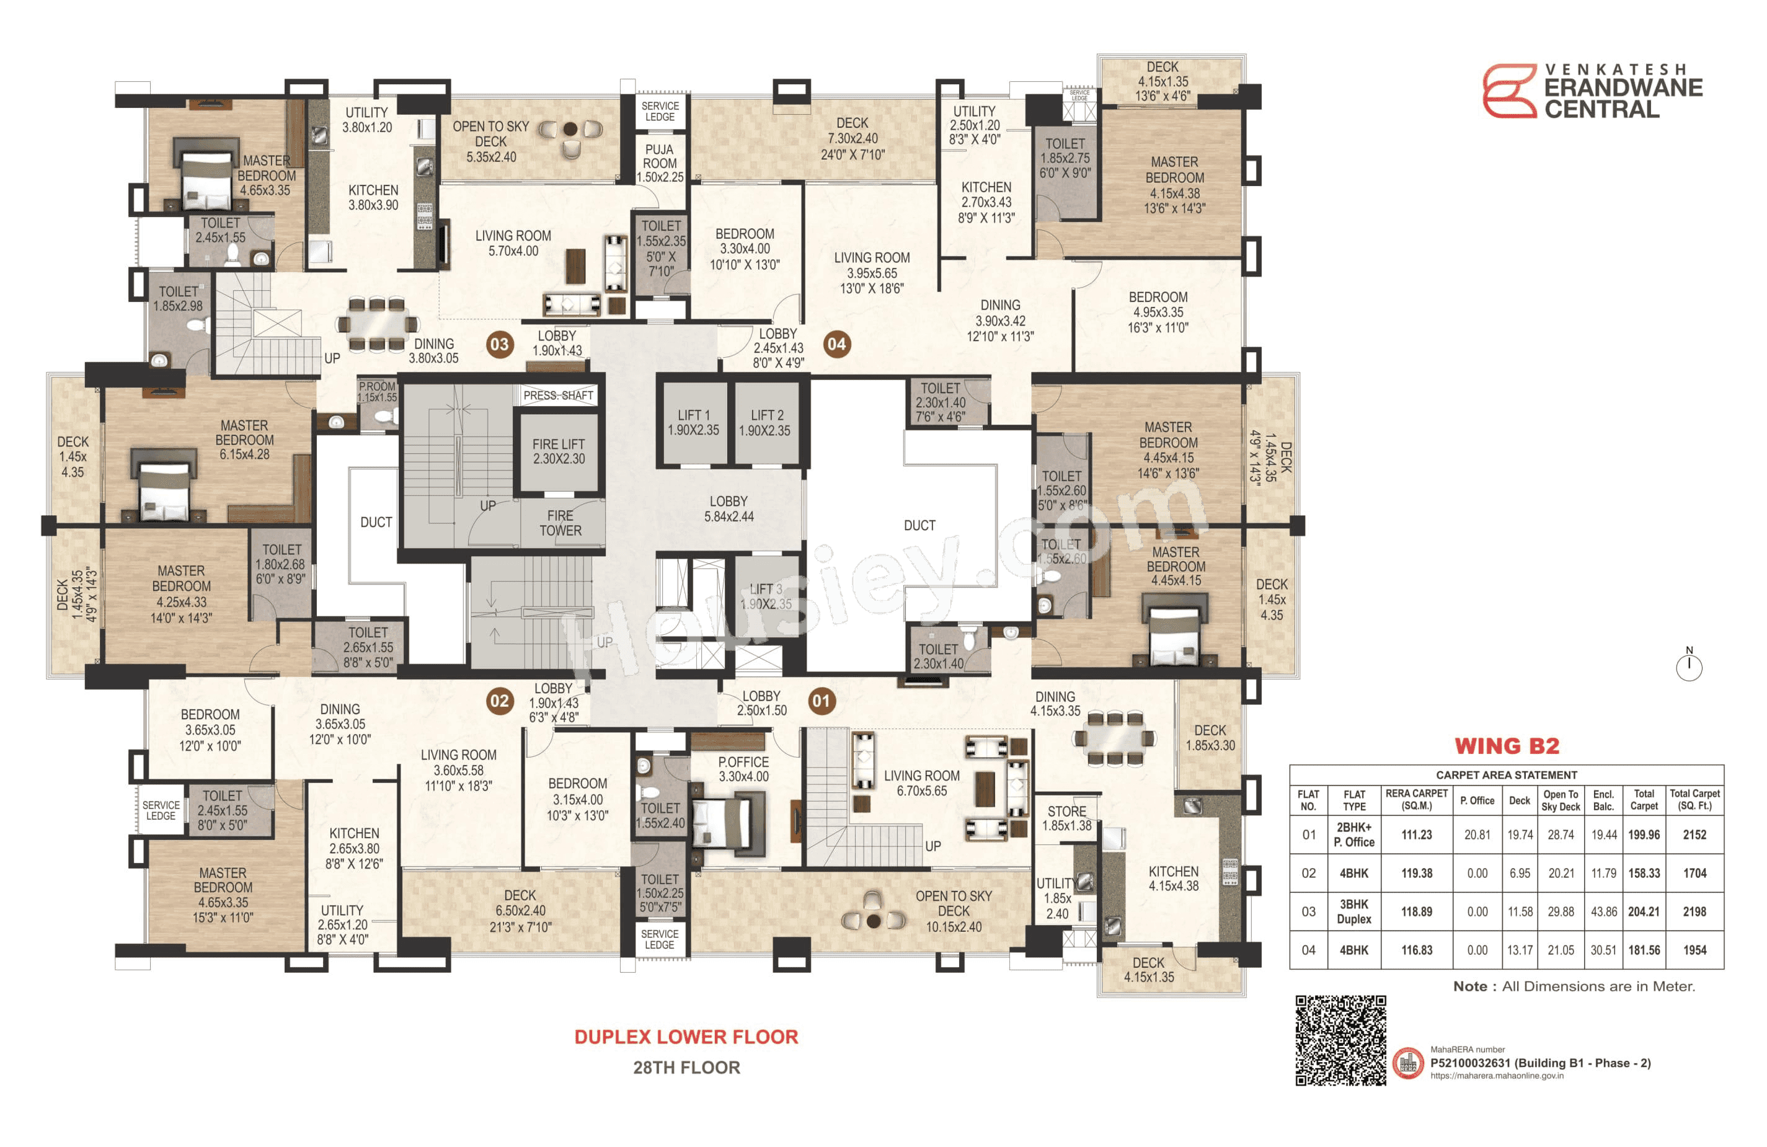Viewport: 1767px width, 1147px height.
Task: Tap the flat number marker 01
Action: pos(820,701)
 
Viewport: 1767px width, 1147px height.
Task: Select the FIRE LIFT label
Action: pos(559,451)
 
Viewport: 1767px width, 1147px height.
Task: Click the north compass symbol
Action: pos(1689,665)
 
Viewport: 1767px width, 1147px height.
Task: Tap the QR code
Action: pos(1341,1040)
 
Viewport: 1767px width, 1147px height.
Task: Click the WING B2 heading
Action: pos(1507,746)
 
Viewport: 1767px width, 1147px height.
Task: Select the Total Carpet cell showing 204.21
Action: pos(1644,911)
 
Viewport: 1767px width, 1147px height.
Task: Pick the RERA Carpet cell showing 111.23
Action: pos(1416,835)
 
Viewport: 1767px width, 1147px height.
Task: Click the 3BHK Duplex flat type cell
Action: pos(1353,911)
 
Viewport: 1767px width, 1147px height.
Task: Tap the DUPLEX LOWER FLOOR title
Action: pos(686,1037)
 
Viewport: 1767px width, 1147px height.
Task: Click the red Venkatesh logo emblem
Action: pos(1508,91)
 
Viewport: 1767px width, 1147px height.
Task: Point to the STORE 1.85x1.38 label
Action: pos(1067,818)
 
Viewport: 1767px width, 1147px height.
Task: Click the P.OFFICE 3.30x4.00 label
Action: pos(743,769)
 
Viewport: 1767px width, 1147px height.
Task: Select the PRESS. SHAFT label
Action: pos(559,396)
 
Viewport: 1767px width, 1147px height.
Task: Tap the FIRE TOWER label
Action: pos(560,523)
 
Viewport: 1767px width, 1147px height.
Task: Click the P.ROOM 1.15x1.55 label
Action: pos(377,392)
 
